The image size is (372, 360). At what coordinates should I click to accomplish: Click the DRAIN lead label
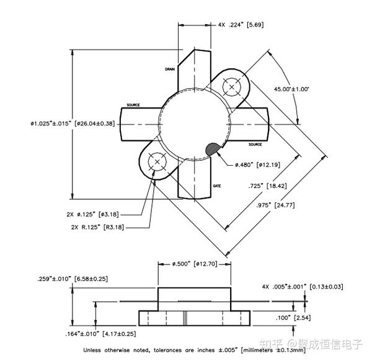click(x=170, y=70)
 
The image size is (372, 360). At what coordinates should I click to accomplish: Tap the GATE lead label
click(x=217, y=186)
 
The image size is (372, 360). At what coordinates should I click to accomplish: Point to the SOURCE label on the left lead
click(x=135, y=105)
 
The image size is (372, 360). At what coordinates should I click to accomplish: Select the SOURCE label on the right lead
click(x=255, y=145)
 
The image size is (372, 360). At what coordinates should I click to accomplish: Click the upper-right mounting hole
click(x=232, y=87)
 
